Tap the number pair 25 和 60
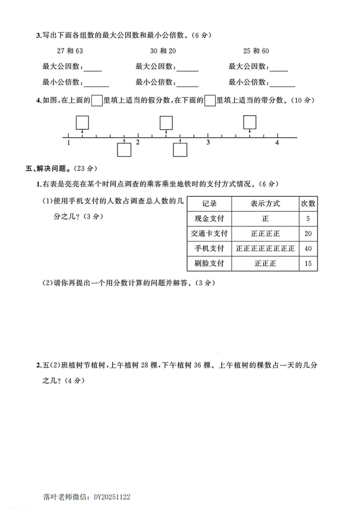256,51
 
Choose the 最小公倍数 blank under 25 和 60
282,83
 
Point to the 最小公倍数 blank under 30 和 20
187,83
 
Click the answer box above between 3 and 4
250,122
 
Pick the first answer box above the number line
82,122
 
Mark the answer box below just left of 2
124,150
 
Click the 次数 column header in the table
308,203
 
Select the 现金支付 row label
209,219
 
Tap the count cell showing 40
308,248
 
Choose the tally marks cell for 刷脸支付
265,263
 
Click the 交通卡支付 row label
209,234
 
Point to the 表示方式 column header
265,203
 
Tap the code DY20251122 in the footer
112,497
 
